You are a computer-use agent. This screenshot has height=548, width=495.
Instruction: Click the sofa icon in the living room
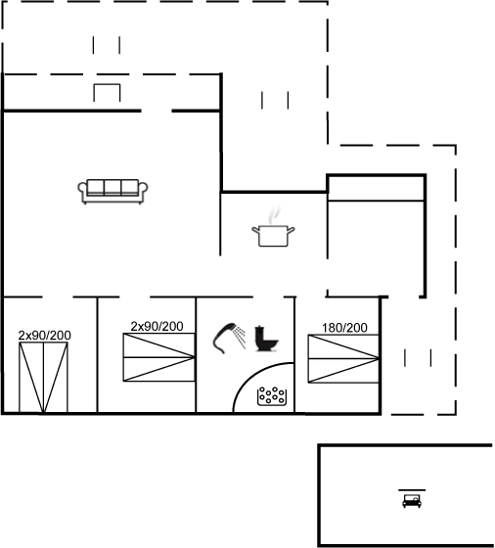(x=112, y=192)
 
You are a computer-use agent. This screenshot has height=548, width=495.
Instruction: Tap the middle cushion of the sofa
(x=112, y=187)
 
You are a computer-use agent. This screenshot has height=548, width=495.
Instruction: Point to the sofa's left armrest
(x=82, y=191)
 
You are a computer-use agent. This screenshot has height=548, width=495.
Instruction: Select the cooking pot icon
(x=273, y=235)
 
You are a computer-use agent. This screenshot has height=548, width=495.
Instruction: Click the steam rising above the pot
(x=274, y=214)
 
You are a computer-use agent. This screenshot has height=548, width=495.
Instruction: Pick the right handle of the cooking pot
(x=291, y=230)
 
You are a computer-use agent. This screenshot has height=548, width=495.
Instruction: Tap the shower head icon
(x=224, y=338)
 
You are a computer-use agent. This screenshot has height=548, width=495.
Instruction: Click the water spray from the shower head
(x=241, y=337)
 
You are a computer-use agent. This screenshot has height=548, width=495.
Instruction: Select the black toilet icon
(x=266, y=339)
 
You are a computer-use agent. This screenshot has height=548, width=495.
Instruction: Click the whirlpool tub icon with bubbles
(x=272, y=396)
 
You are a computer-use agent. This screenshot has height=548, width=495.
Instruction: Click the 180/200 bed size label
(x=344, y=328)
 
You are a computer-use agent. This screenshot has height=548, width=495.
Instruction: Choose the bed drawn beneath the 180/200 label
(x=343, y=359)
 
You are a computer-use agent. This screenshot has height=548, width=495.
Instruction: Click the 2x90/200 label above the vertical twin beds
(x=45, y=336)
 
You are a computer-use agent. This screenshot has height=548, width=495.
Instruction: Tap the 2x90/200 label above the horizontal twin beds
(x=157, y=327)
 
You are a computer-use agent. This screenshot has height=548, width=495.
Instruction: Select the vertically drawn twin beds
(x=43, y=378)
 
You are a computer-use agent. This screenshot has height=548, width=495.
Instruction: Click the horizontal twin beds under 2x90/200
(x=158, y=357)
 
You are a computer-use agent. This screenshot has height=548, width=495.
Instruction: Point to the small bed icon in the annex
(x=412, y=501)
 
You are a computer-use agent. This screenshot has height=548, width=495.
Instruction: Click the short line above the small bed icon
(x=412, y=490)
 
